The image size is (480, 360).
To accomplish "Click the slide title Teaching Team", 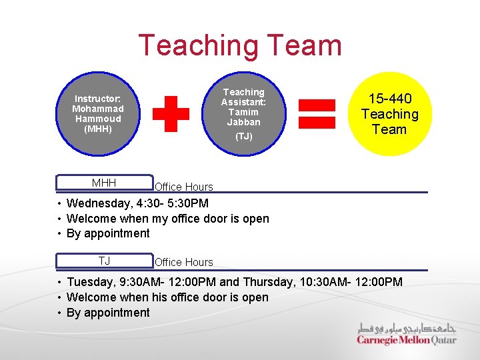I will coord(239,46).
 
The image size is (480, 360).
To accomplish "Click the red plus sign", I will coord(171,114).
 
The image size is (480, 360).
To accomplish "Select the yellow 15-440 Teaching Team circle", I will coord(389,114).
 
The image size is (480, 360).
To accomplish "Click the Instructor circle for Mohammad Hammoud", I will coord(98,114).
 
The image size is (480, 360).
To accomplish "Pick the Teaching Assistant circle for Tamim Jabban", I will coord(243,114).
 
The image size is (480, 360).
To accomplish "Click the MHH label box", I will coord(104,183).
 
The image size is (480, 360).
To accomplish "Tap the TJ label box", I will coord(104,261).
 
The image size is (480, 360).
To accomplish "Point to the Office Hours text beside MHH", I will coord(184,187).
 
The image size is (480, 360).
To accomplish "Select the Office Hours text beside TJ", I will coord(184,262).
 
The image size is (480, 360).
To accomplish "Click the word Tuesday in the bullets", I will coord(89,282).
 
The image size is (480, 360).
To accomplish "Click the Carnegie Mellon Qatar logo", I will coord(407,334).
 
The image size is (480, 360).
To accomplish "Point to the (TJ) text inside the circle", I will coord(243,136).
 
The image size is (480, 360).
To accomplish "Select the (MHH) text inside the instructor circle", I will coord(98,128).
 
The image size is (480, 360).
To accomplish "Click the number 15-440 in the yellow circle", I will coord(389,99).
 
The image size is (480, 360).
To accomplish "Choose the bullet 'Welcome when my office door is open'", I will coord(168,219).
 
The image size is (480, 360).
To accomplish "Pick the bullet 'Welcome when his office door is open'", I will coord(167,297).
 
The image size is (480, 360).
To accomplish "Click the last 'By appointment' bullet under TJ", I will coord(108,313).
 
